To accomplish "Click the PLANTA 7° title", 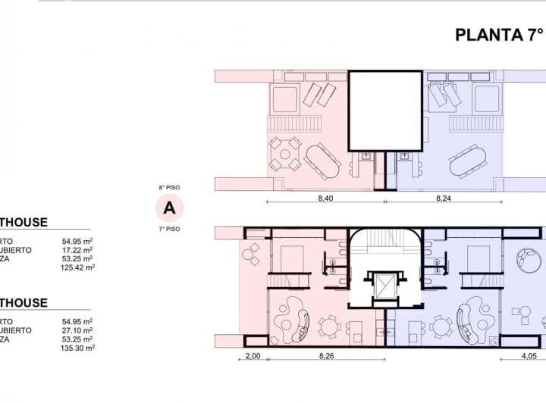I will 499,35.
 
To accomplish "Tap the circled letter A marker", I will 169,206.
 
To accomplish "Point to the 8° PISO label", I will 169,186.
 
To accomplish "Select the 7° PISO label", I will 169,227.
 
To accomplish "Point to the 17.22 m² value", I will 77,249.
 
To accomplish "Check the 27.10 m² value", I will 77,330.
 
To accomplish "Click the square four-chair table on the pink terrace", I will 286,154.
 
